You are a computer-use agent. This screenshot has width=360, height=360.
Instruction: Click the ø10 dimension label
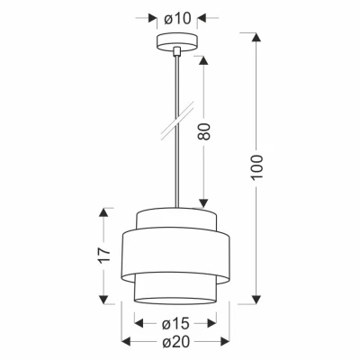[x=175, y=17]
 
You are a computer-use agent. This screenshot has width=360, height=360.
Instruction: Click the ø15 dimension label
[x=175, y=323]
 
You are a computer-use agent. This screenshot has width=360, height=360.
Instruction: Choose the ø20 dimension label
[x=175, y=344]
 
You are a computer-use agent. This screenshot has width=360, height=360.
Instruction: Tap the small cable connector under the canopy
[x=175, y=52]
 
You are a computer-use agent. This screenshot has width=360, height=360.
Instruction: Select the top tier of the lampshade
[x=175, y=219]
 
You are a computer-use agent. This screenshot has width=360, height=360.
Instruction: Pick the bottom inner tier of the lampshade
[x=175, y=290]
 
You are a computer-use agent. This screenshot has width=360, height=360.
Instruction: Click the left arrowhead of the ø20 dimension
[x=125, y=344]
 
